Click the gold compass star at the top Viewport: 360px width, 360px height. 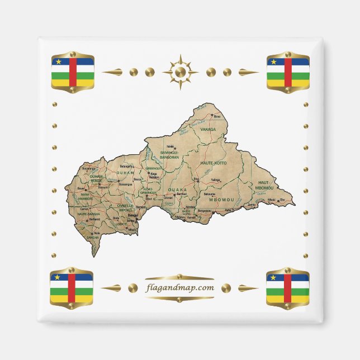click(x=180, y=72)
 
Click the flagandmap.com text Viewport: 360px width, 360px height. click(x=179, y=288)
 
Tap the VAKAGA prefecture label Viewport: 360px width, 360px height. click(x=207, y=129)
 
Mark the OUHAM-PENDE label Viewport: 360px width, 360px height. click(x=96, y=178)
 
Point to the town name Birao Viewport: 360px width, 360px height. click(x=217, y=116)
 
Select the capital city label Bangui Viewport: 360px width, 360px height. click(x=132, y=215)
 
